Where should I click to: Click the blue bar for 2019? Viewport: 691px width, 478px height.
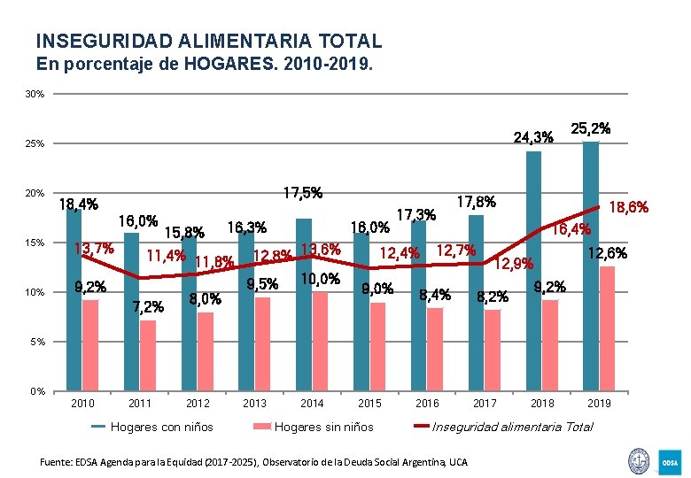tap(591, 266)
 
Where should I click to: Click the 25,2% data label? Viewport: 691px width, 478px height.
tap(591, 128)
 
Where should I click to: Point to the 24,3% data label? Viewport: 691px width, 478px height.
tap(534, 137)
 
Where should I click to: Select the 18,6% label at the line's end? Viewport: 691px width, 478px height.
tap(629, 207)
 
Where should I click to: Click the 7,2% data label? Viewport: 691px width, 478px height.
tap(147, 307)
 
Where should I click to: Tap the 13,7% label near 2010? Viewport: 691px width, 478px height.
tap(93, 249)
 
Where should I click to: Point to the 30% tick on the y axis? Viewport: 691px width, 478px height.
tap(36, 94)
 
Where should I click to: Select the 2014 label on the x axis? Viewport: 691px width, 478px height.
tap(312, 404)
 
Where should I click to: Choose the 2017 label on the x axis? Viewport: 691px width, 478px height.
tap(485, 404)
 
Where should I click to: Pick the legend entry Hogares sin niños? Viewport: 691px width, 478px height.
tap(323, 427)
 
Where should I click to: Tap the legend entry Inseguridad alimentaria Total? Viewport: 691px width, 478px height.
tap(512, 427)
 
